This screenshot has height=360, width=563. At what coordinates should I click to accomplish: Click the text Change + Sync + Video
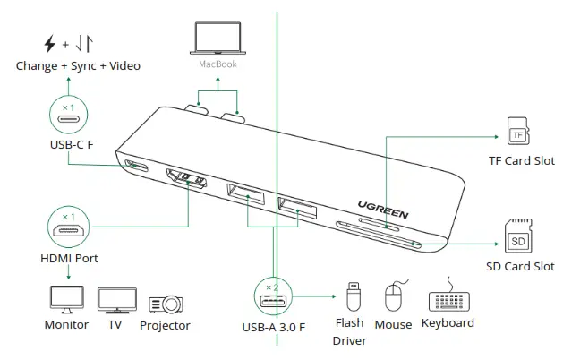click(x=78, y=65)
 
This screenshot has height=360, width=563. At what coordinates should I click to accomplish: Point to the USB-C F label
click(x=72, y=144)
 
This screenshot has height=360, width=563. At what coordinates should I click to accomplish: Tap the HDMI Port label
click(x=69, y=258)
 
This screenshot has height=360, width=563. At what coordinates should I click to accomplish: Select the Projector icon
click(x=166, y=303)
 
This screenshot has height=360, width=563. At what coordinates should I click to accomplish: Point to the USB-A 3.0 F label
click(x=274, y=326)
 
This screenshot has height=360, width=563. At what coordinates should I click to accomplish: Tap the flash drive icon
click(x=353, y=296)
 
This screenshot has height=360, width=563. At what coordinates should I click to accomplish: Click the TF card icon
click(x=517, y=133)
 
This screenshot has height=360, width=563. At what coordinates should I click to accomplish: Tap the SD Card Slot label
click(x=519, y=266)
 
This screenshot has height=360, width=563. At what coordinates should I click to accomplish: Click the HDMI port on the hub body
click(x=185, y=181)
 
